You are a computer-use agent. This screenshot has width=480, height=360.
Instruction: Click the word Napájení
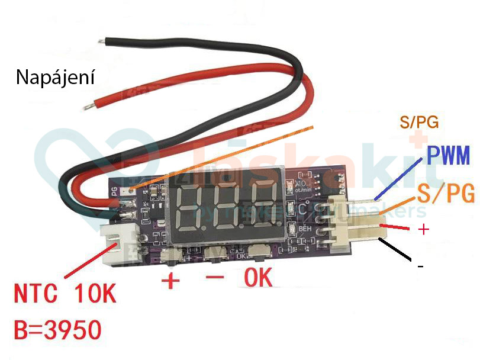[x=55, y=78]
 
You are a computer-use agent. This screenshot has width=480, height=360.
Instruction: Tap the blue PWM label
[x=447, y=157]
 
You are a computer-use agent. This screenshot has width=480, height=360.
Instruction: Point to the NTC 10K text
[x=65, y=295]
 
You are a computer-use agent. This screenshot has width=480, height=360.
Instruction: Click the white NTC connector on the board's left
[x=118, y=243]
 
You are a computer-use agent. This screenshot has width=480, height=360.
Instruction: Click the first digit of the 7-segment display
[x=194, y=204]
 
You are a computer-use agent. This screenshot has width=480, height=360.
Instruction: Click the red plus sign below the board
[x=170, y=279]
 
